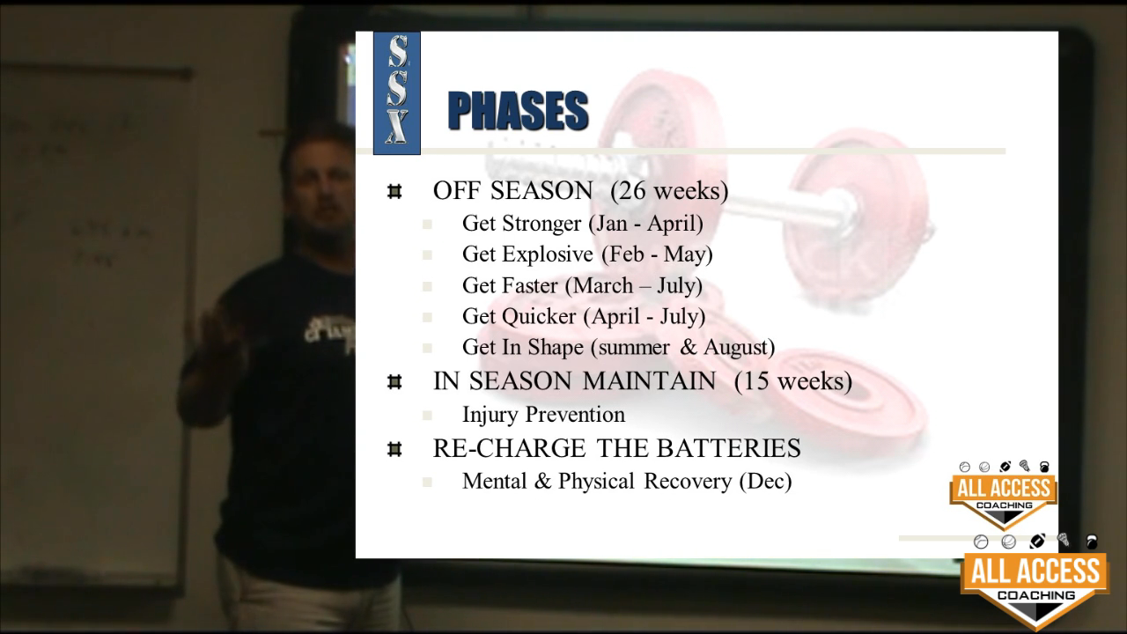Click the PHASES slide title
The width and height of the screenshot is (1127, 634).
(518, 111)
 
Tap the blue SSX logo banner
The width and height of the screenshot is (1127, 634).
(397, 93)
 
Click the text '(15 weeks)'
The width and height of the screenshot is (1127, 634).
(793, 381)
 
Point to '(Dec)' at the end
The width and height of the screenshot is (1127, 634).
(765, 482)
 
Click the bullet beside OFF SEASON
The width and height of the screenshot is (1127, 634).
(394, 191)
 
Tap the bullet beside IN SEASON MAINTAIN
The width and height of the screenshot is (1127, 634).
(394, 381)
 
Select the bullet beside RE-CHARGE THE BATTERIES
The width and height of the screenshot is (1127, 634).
(394, 449)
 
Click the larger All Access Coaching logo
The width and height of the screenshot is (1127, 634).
(1035, 581)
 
